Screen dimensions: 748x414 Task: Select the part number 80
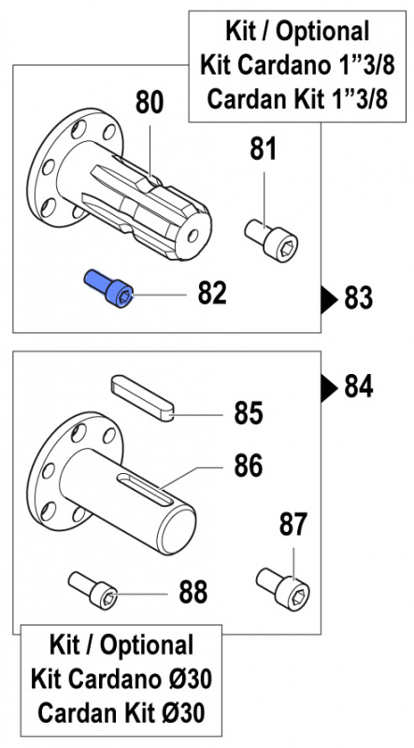click(x=150, y=103)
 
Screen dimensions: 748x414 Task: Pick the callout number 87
click(x=293, y=525)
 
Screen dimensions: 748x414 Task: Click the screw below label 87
click(x=284, y=587)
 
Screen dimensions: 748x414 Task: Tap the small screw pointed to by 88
click(x=94, y=589)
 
